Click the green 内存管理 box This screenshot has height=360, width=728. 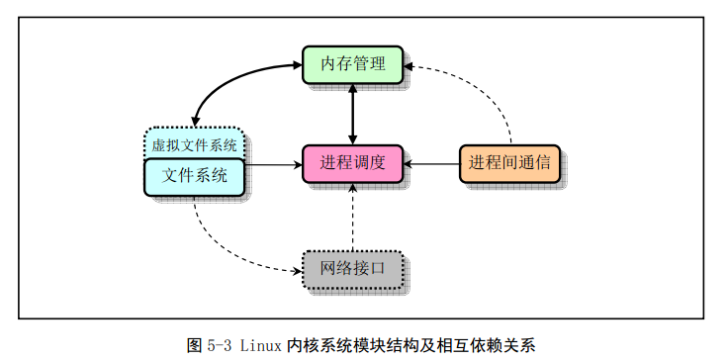click(x=352, y=64)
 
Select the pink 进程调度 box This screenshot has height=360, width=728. click(x=352, y=164)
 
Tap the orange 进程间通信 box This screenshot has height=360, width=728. click(x=509, y=163)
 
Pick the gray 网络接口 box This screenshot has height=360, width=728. click(x=352, y=270)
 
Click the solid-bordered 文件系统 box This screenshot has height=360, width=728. click(x=194, y=177)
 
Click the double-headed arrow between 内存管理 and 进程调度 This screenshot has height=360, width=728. click(x=352, y=115)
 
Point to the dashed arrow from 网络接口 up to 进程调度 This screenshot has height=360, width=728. click(x=352, y=218)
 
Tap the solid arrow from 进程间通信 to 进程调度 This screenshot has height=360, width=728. click(x=431, y=164)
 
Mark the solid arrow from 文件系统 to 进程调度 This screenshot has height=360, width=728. click(x=273, y=164)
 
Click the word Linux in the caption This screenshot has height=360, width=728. click(x=261, y=345)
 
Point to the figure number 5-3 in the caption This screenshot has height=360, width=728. click(x=219, y=346)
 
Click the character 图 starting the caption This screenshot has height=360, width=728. click(x=194, y=345)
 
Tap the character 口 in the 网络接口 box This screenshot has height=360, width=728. click(x=377, y=268)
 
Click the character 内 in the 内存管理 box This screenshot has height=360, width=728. click(x=328, y=63)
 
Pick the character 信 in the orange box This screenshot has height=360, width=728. click(x=543, y=162)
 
